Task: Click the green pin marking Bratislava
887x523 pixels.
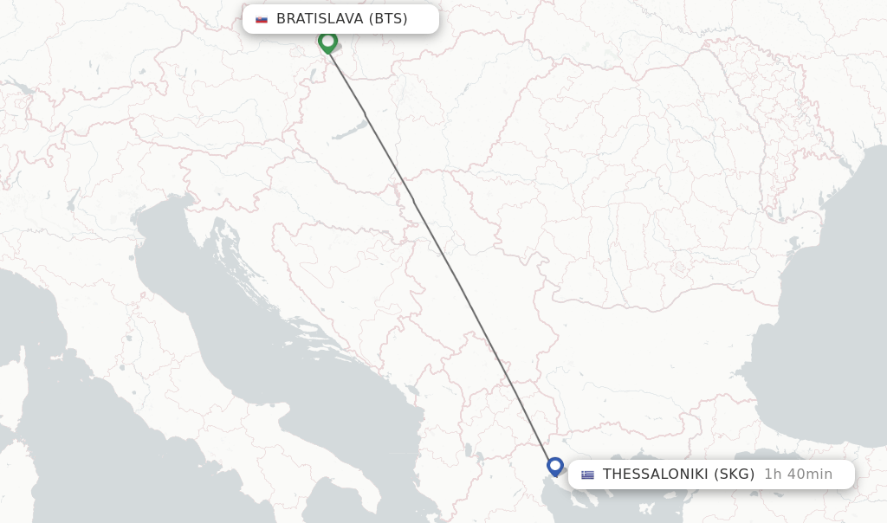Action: coord(327,41)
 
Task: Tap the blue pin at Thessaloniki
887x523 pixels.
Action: coord(555,466)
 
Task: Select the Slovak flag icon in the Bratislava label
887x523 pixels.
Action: coord(262,19)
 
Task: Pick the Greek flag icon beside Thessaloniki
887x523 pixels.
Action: coord(588,475)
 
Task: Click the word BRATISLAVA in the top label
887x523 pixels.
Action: coord(320,19)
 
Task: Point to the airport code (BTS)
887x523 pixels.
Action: coord(388,19)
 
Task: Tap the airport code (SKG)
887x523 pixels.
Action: coord(735,475)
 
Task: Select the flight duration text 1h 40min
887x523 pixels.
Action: coord(798,475)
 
